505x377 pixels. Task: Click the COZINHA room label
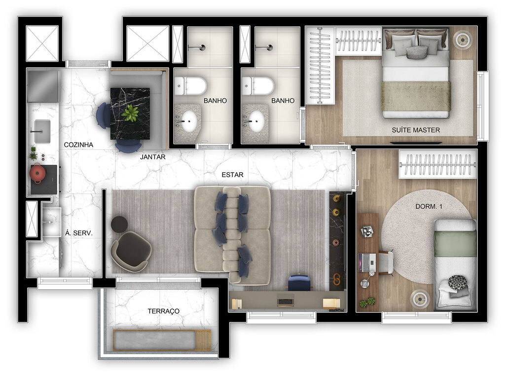pyautogui.click(x=79, y=145)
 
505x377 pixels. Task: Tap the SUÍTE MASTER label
pyautogui.click(x=416, y=130)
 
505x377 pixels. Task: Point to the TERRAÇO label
pyautogui.click(x=163, y=311)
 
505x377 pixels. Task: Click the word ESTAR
pyautogui.click(x=232, y=175)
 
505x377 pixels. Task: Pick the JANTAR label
pyautogui.click(x=152, y=157)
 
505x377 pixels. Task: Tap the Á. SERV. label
pyautogui.click(x=79, y=232)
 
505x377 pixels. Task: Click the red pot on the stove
pyautogui.click(x=38, y=173)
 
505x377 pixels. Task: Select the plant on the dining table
pyautogui.click(x=130, y=113)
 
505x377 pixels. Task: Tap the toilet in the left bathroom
pyautogui.click(x=191, y=85)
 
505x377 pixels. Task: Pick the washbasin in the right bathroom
pyautogui.click(x=255, y=121)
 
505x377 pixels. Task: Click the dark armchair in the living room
pyautogui.click(x=132, y=249)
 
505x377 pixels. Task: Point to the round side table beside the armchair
pyautogui.click(x=119, y=225)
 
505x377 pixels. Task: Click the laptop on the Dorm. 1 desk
pyautogui.click(x=366, y=262)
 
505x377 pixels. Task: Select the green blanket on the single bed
pyautogui.click(x=455, y=244)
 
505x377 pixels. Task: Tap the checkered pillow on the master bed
pyautogui.click(x=417, y=52)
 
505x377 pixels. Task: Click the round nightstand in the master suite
pyautogui.click(x=464, y=39)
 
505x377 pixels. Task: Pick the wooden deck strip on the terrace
pyautogui.click(x=203, y=340)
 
